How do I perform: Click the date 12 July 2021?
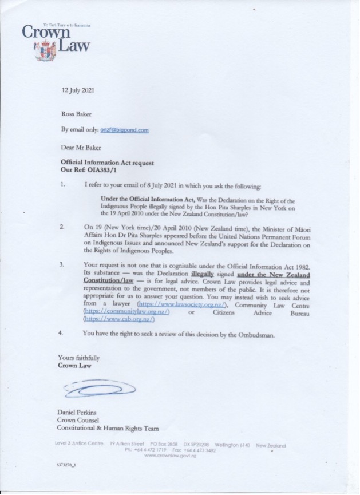[x=80, y=90]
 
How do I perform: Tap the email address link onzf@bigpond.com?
[x=124, y=130]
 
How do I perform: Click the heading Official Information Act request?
[x=108, y=163]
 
